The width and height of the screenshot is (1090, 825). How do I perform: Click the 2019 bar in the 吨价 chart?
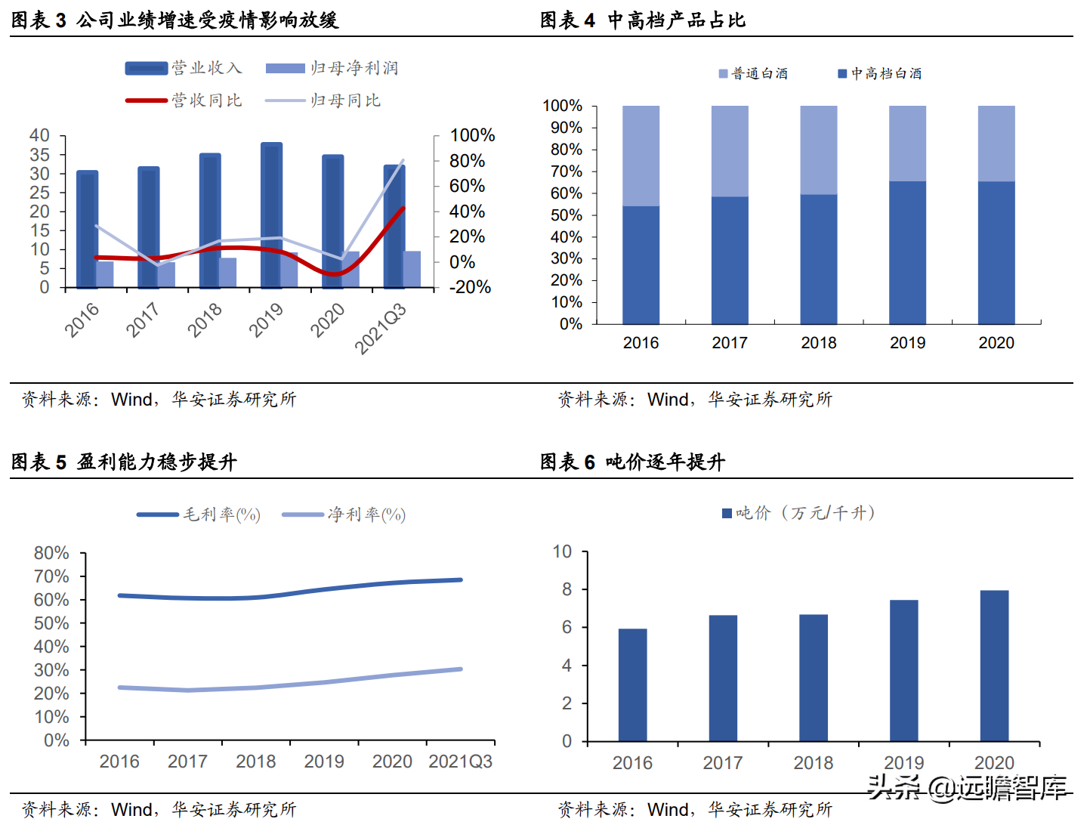click(x=903, y=670)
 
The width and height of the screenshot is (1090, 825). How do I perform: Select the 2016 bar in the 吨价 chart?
click(x=632, y=684)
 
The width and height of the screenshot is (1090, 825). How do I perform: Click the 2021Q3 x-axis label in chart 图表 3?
click(x=381, y=328)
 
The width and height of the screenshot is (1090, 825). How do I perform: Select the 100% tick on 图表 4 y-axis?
click(x=563, y=106)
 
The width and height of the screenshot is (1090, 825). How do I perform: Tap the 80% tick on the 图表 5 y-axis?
click(x=51, y=553)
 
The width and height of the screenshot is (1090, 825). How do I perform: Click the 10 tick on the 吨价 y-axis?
click(x=563, y=552)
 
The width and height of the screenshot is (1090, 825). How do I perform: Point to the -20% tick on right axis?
click(x=470, y=287)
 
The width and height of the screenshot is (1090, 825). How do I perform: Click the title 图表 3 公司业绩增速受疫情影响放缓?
click(x=174, y=20)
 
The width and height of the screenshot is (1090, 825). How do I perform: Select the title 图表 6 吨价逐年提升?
click(x=632, y=462)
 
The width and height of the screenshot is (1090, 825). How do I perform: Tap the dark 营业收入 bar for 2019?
click(x=271, y=215)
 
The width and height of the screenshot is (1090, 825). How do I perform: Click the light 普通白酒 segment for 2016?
click(x=641, y=156)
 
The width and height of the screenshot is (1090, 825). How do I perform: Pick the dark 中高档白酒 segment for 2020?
click(x=996, y=253)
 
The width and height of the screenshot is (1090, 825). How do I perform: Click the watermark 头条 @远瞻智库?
click(x=967, y=788)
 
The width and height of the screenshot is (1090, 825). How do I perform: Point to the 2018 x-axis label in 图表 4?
click(x=819, y=343)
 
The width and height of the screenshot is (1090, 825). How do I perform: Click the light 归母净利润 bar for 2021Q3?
click(x=412, y=269)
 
